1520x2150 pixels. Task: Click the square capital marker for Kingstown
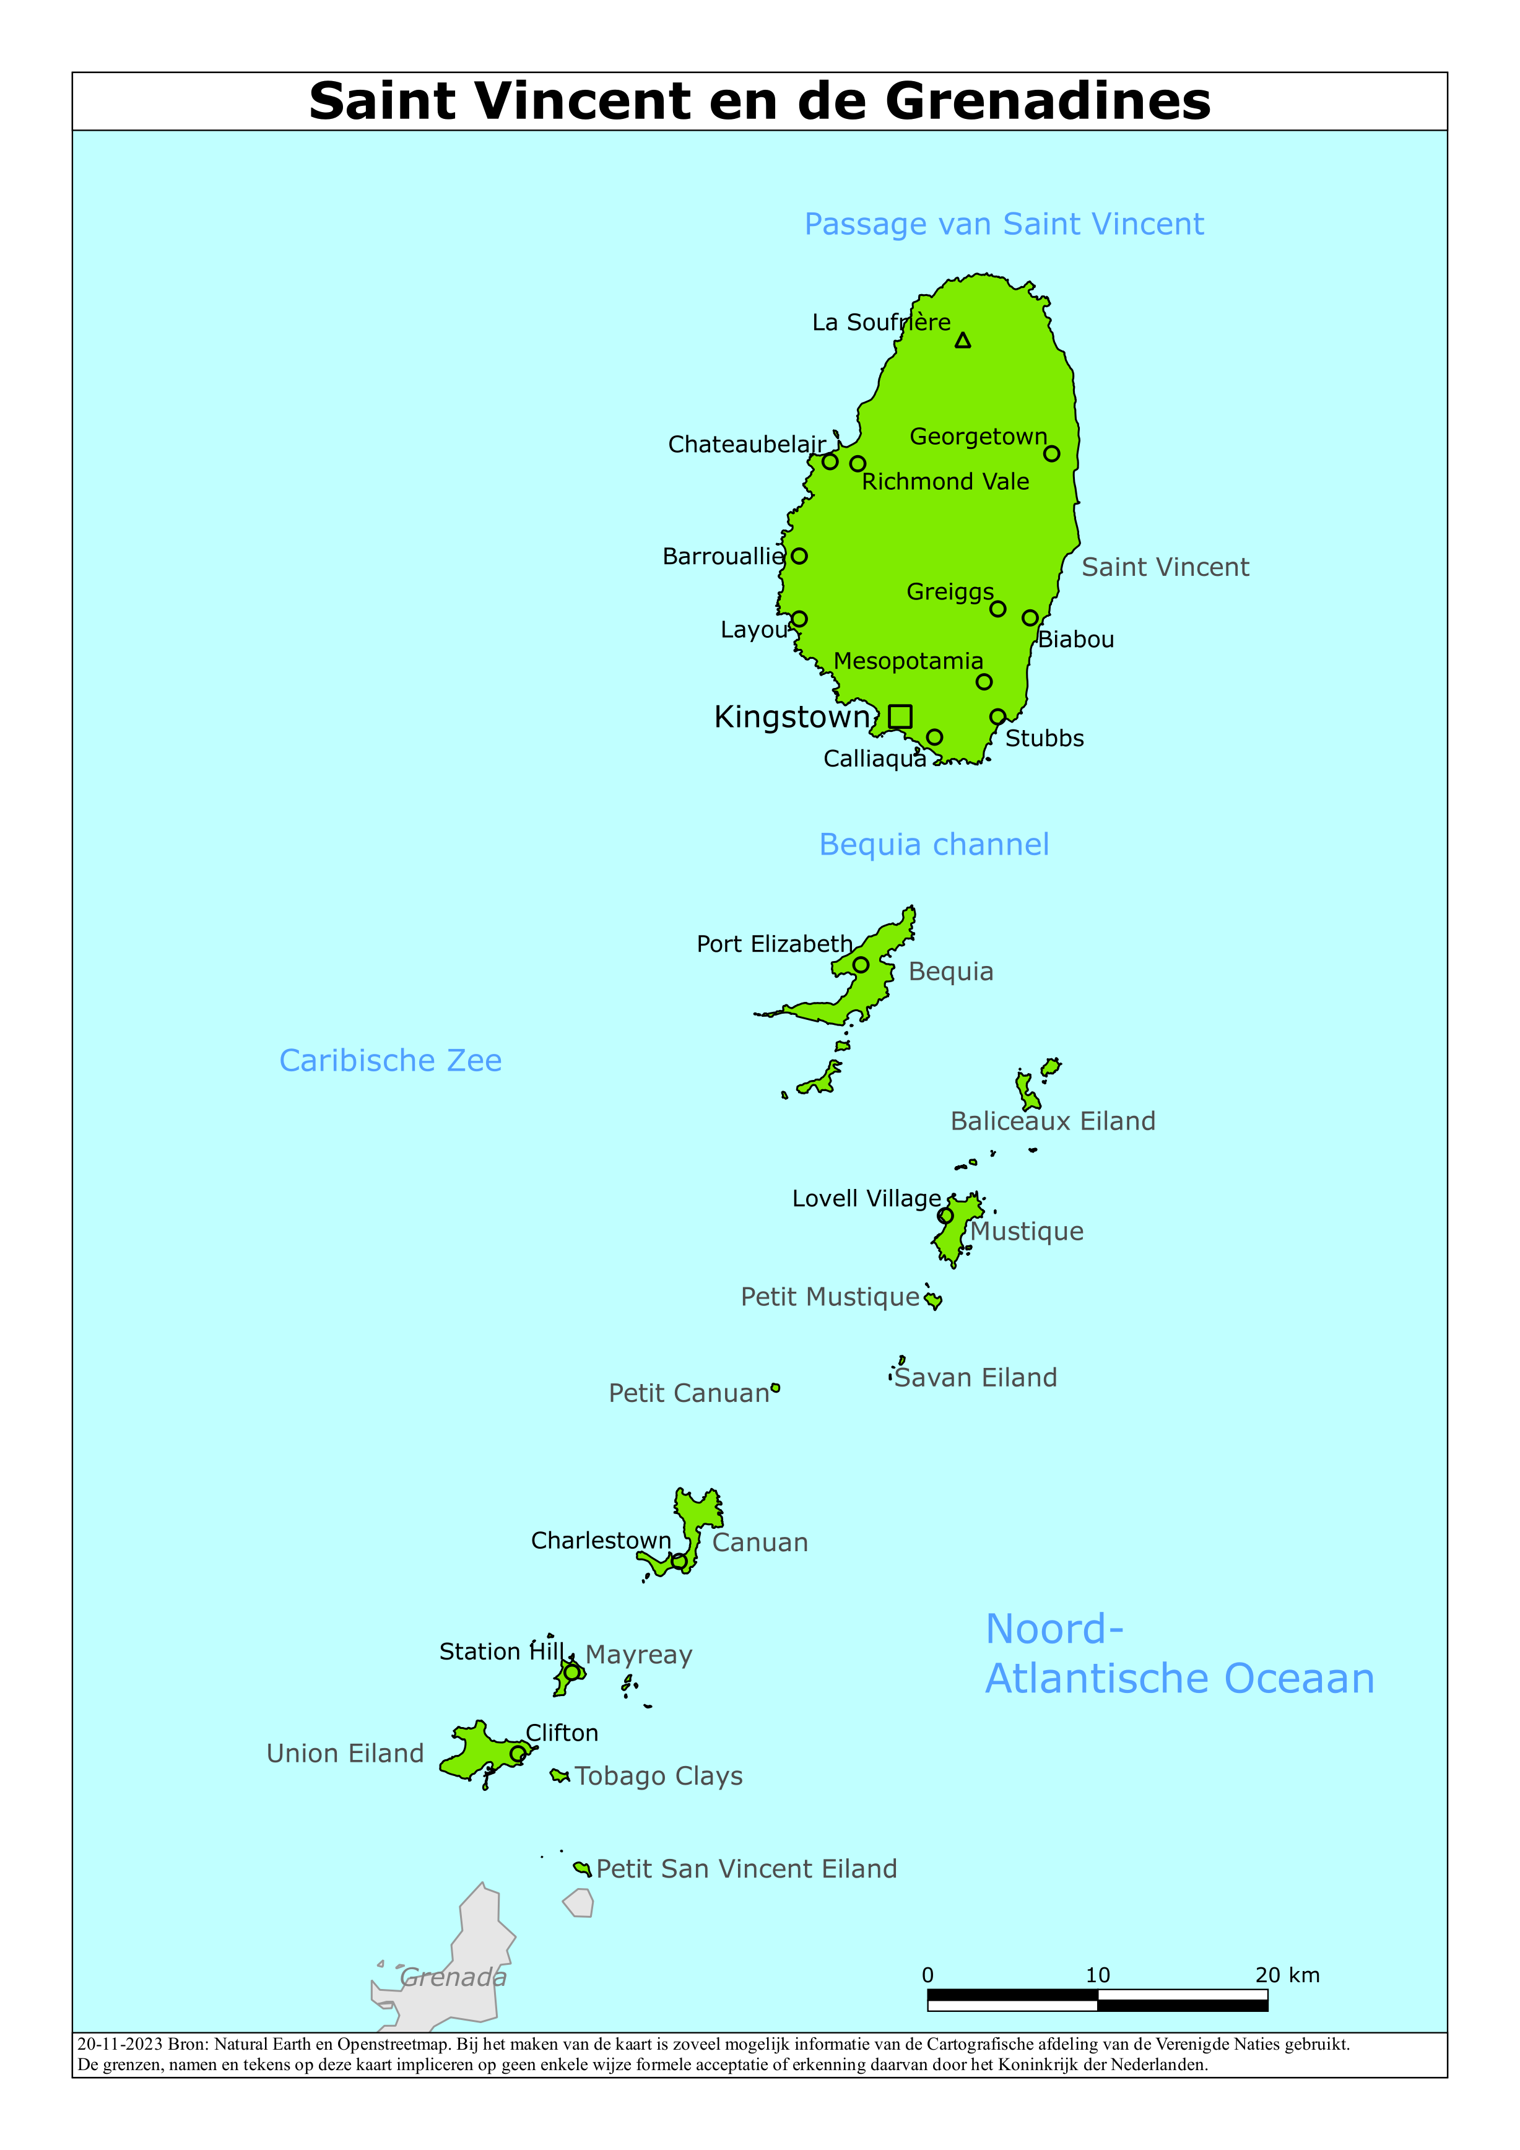click(x=900, y=716)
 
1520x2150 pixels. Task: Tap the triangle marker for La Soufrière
click(x=963, y=341)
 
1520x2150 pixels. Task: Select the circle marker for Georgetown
click(x=1052, y=454)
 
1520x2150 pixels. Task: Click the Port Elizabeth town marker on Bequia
click(x=861, y=965)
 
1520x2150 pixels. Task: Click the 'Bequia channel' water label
click(x=934, y=845)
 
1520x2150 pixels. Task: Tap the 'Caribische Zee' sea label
click(x=391, y=1060)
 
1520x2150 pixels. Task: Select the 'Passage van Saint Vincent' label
click(x=1004, y=225)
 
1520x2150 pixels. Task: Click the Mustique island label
click(x=1027, y=1232)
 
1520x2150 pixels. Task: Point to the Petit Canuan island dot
click(x=775, y=1389)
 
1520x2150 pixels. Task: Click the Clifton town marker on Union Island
click(x=518, y=1754)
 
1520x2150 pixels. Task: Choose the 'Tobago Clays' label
click(x=658, y=1777)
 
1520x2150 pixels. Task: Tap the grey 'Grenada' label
click(x=453, y=1978)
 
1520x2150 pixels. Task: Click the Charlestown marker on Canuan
click(x=679, y=1562)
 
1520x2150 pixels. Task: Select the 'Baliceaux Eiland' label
click(x=1053, y=1122)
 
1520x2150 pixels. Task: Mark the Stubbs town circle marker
click(x=998, y=717)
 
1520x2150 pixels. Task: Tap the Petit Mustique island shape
click(x=933, y=1300)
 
